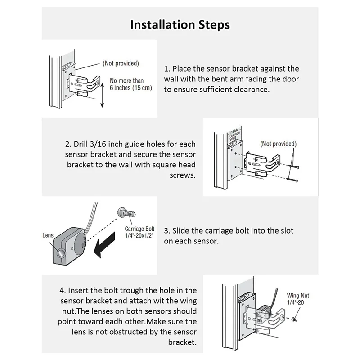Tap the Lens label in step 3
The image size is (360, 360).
[48, 235]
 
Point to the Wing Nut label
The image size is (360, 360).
[298, 299]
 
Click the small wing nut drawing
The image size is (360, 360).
[293, 319]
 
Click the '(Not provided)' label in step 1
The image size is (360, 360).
[121, 63]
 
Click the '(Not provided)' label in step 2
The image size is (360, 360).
[279, 144]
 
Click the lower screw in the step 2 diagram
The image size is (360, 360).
[290, 180]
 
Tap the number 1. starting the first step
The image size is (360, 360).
[166, 69]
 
